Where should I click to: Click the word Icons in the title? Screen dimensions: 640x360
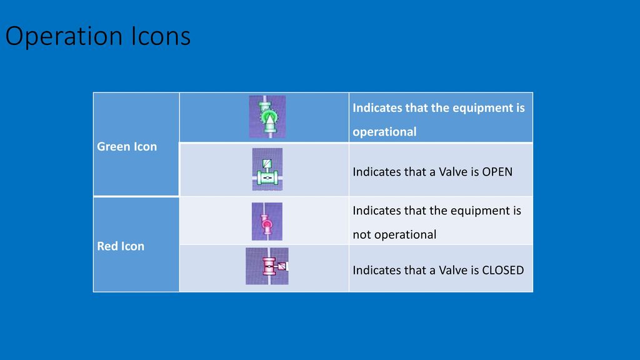click(161, 36)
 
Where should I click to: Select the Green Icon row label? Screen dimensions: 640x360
click(127, 146)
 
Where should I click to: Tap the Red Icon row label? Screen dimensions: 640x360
click(121, 246)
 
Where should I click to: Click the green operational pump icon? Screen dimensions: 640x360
click(267, 117)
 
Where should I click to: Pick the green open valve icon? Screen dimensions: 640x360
click(267, 169)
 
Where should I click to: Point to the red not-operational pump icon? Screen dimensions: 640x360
click(267, 221)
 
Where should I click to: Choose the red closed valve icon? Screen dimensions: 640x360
click(267, 266)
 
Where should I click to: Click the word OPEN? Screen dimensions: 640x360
click(497, 172)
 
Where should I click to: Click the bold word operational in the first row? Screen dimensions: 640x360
click(384, 132)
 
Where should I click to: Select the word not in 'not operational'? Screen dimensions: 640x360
click(362, 235)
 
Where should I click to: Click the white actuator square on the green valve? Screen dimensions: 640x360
click(267, 164)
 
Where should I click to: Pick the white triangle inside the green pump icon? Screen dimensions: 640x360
click(269, 119)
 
